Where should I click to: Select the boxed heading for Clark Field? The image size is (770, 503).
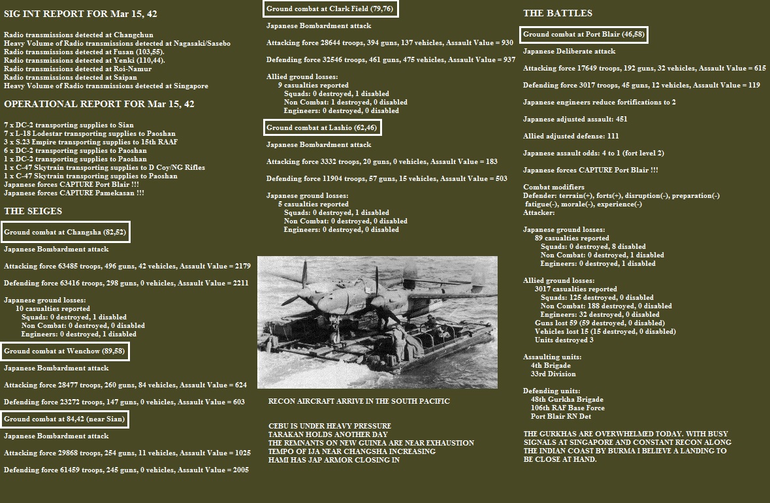330,8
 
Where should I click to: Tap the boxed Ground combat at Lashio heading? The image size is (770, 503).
323,127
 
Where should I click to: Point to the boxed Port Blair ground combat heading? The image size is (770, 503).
585,34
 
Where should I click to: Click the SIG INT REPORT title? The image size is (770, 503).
80,14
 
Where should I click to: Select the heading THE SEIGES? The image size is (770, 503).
33,211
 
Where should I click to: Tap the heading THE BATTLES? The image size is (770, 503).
558,13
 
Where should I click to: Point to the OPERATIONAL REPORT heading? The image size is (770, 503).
99,104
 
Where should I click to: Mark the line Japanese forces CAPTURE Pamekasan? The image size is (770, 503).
74,193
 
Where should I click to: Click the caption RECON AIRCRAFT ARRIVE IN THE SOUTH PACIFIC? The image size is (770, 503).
359,401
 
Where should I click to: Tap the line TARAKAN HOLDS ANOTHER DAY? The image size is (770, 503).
328,434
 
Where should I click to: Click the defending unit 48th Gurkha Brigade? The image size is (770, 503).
567,399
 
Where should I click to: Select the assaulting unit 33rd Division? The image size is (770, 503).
553,374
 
